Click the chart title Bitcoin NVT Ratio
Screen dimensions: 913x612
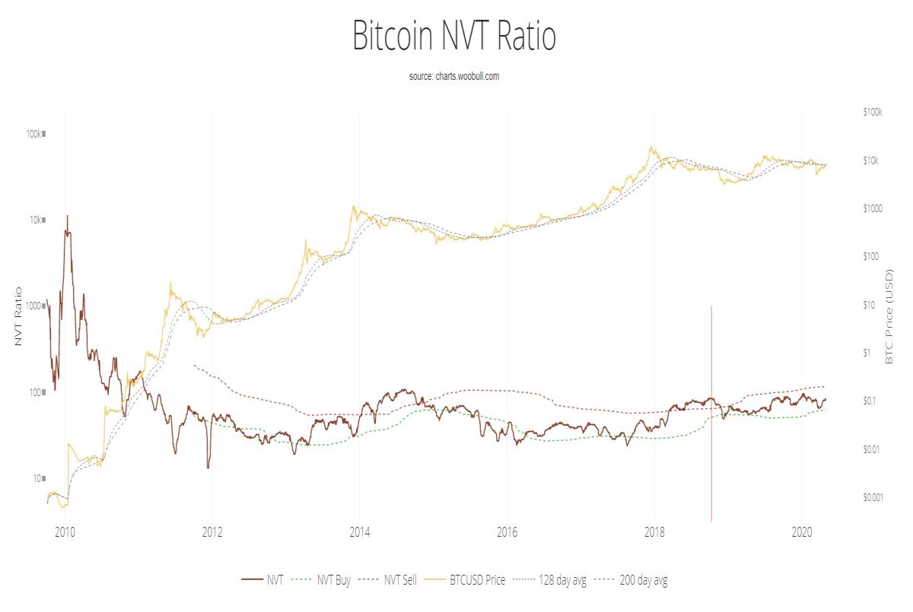pyautogui.click(x=454, y=36)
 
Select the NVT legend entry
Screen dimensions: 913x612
pyautogui.click(x=262, y=580)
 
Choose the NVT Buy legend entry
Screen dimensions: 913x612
pyautogui.click(x=321, y=580)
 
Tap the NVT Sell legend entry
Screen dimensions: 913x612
pyautogui.click(x=388, y=580)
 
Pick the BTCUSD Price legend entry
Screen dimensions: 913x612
pyautogui.click(x=465, y=580)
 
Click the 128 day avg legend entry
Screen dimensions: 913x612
pyautogui.click(x=549, y=580)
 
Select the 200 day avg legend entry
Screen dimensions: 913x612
pyautogui.click(x=631, y=580)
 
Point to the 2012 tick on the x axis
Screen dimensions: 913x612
pyautogui.click(x=212, y=532)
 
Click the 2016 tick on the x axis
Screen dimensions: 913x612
pyautogui.click(x=507, y=532)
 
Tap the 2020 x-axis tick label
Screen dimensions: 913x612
pyautogui.click(x=802, y=532)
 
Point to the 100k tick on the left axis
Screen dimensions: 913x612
pyautogui.click(x=36, y=134)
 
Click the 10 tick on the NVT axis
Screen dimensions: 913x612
pyautogui.click(x=39, y=478)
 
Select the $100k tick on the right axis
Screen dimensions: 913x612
pyautogui.click(x=872, y=112)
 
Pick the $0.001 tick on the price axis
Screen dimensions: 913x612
pyautogui.click(x=873, y=497)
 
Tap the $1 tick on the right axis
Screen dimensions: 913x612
pyautogui.click(x=867, y=353)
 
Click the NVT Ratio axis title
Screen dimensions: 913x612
pyautogui.click(x=18, y=316)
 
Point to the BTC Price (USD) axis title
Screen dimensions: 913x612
pyautogui.click(x=889, y=316)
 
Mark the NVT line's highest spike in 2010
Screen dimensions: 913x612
pyautogui.click(x=67, y=216)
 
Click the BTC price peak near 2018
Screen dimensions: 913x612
pyautogui.click(x=652, y=147)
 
